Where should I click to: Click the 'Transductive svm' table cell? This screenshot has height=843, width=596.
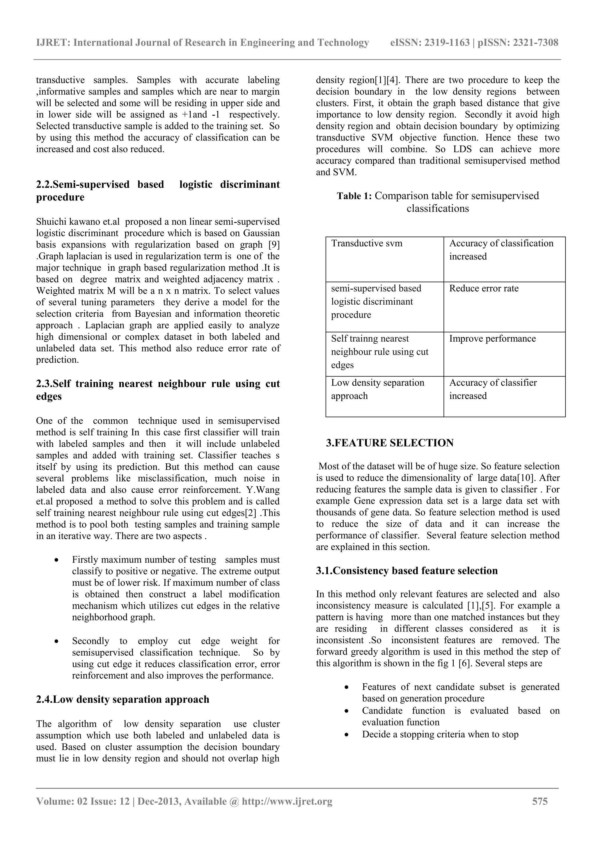(x=366, y=244)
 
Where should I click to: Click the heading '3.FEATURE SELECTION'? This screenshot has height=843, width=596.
(x=390, y=443)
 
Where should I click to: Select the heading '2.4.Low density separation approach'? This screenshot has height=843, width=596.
(x=123, y=700)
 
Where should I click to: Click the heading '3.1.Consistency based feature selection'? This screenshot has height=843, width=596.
(x=407, y=571)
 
